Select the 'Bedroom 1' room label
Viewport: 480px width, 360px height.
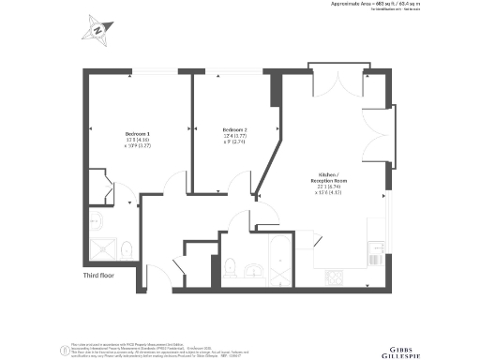[x=138, y=133]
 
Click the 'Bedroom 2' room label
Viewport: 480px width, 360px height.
[x=234, y=129]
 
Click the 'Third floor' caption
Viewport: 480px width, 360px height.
[x=98, y=276]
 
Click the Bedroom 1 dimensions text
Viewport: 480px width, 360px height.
[x=138, y=143]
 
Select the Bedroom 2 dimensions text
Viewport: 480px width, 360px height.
[x=234, y=140]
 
